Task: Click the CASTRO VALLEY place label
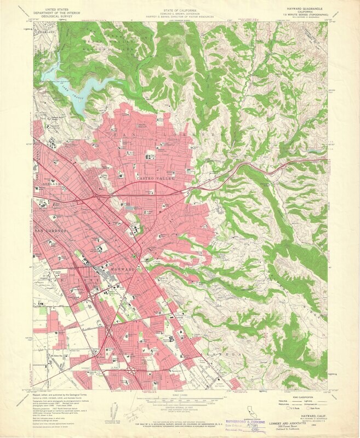(155, 179)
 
